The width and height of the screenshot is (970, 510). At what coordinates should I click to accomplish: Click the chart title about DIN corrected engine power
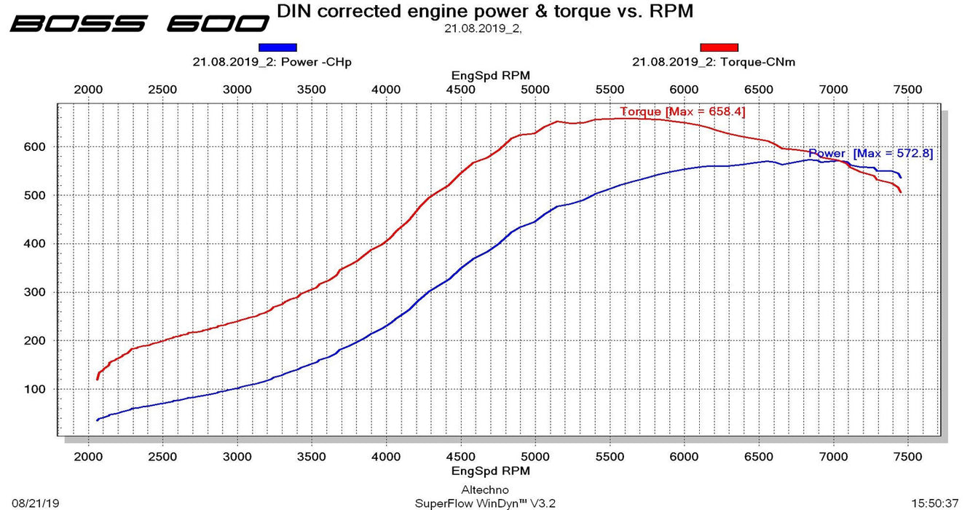pos(485,11)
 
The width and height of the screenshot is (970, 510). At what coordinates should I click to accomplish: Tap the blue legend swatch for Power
pos(277,47)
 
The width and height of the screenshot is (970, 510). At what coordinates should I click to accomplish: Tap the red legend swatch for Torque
pos(719,47)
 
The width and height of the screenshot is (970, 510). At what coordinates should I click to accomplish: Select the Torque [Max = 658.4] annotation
pos(682,111)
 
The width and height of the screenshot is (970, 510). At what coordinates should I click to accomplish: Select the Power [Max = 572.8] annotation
pos(870,154)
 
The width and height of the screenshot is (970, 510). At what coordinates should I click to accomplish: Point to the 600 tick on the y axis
pos(36,146)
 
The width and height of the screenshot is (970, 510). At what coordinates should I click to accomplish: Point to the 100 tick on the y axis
pos(36,389)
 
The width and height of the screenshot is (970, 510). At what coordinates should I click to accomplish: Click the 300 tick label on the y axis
pos(36,292)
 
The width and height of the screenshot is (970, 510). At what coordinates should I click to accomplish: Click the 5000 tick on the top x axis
pos(535,90)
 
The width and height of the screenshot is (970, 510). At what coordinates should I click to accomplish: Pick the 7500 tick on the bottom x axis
pos(907,457)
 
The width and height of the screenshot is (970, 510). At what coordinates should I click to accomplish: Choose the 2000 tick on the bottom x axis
pos(88,457)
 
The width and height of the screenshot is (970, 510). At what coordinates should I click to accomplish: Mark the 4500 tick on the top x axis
pos(460,90)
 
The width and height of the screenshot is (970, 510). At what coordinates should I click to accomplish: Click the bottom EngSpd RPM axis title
pos(490,471)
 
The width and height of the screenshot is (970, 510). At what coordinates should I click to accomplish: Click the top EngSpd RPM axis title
pos(490,75)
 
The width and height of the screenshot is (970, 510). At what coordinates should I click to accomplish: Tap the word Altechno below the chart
pos(485,490)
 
